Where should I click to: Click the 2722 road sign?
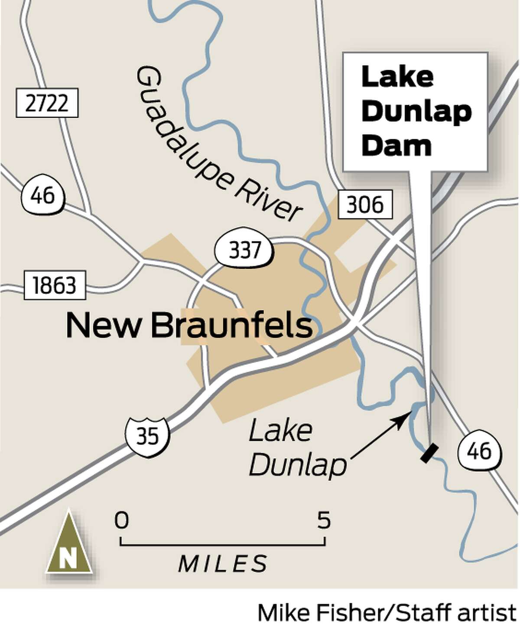tap(47, 103)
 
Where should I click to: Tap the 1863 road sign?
tap(55, 285)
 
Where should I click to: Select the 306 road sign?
tap(365, 204)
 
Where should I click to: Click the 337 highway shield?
tap(244, 250)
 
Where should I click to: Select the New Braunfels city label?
tap(189, 325)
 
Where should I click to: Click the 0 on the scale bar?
tap(122, 520)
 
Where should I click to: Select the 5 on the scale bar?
tap(324, 520)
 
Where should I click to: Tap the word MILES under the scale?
tap(223, 563)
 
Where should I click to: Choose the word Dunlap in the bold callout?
tap(416, 111)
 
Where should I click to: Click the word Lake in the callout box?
tap(397, 77)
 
